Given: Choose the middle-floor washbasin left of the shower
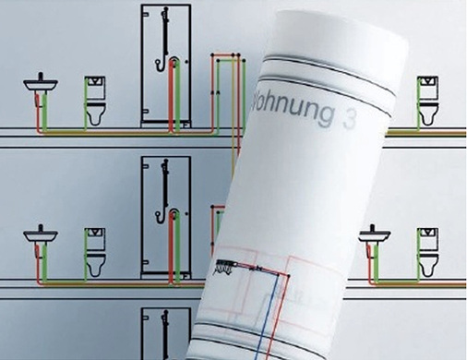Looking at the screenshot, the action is [x=40, y=232].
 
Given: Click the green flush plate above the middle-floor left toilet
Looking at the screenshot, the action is [x=95, y=231].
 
